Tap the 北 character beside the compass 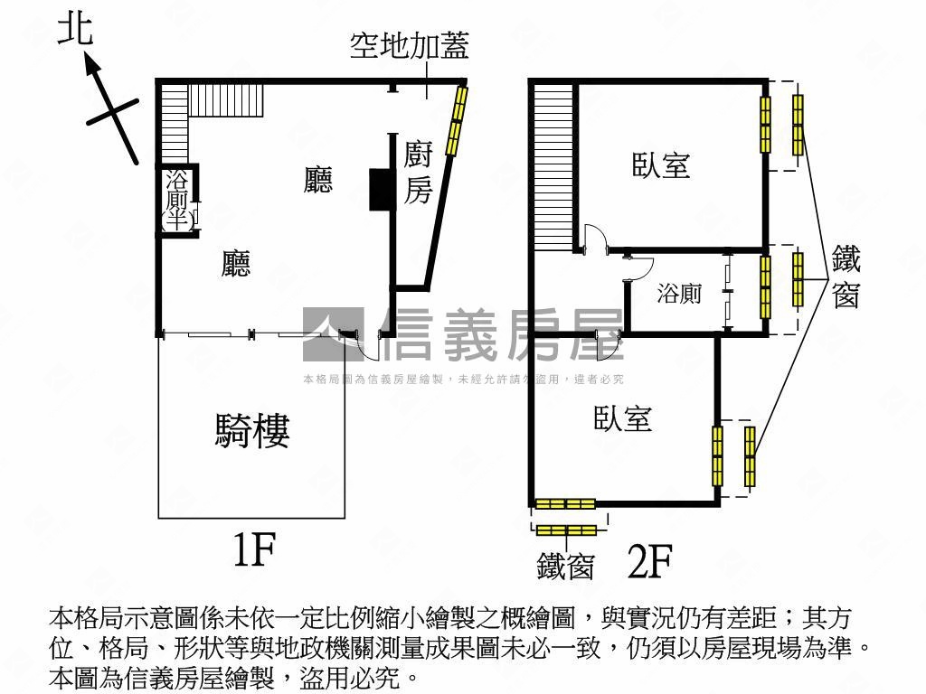click(74, 29)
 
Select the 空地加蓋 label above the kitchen click(409, 46)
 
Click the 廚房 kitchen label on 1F click(417, 172)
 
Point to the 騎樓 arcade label click(252, 431)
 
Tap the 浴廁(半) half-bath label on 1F click(176, 199)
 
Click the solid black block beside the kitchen click(378, 190)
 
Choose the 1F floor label click(252, 550)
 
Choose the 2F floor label click(649, 563)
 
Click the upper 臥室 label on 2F click(661, 165)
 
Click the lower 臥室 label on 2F click(623, 418)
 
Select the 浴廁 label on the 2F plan click(678, 294)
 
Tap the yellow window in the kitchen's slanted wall click(458, 116)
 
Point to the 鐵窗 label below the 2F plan click(565, 567)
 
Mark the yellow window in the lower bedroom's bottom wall click(565, 503)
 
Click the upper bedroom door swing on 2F click(594, 239)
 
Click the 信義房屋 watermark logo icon click(333, 334)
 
